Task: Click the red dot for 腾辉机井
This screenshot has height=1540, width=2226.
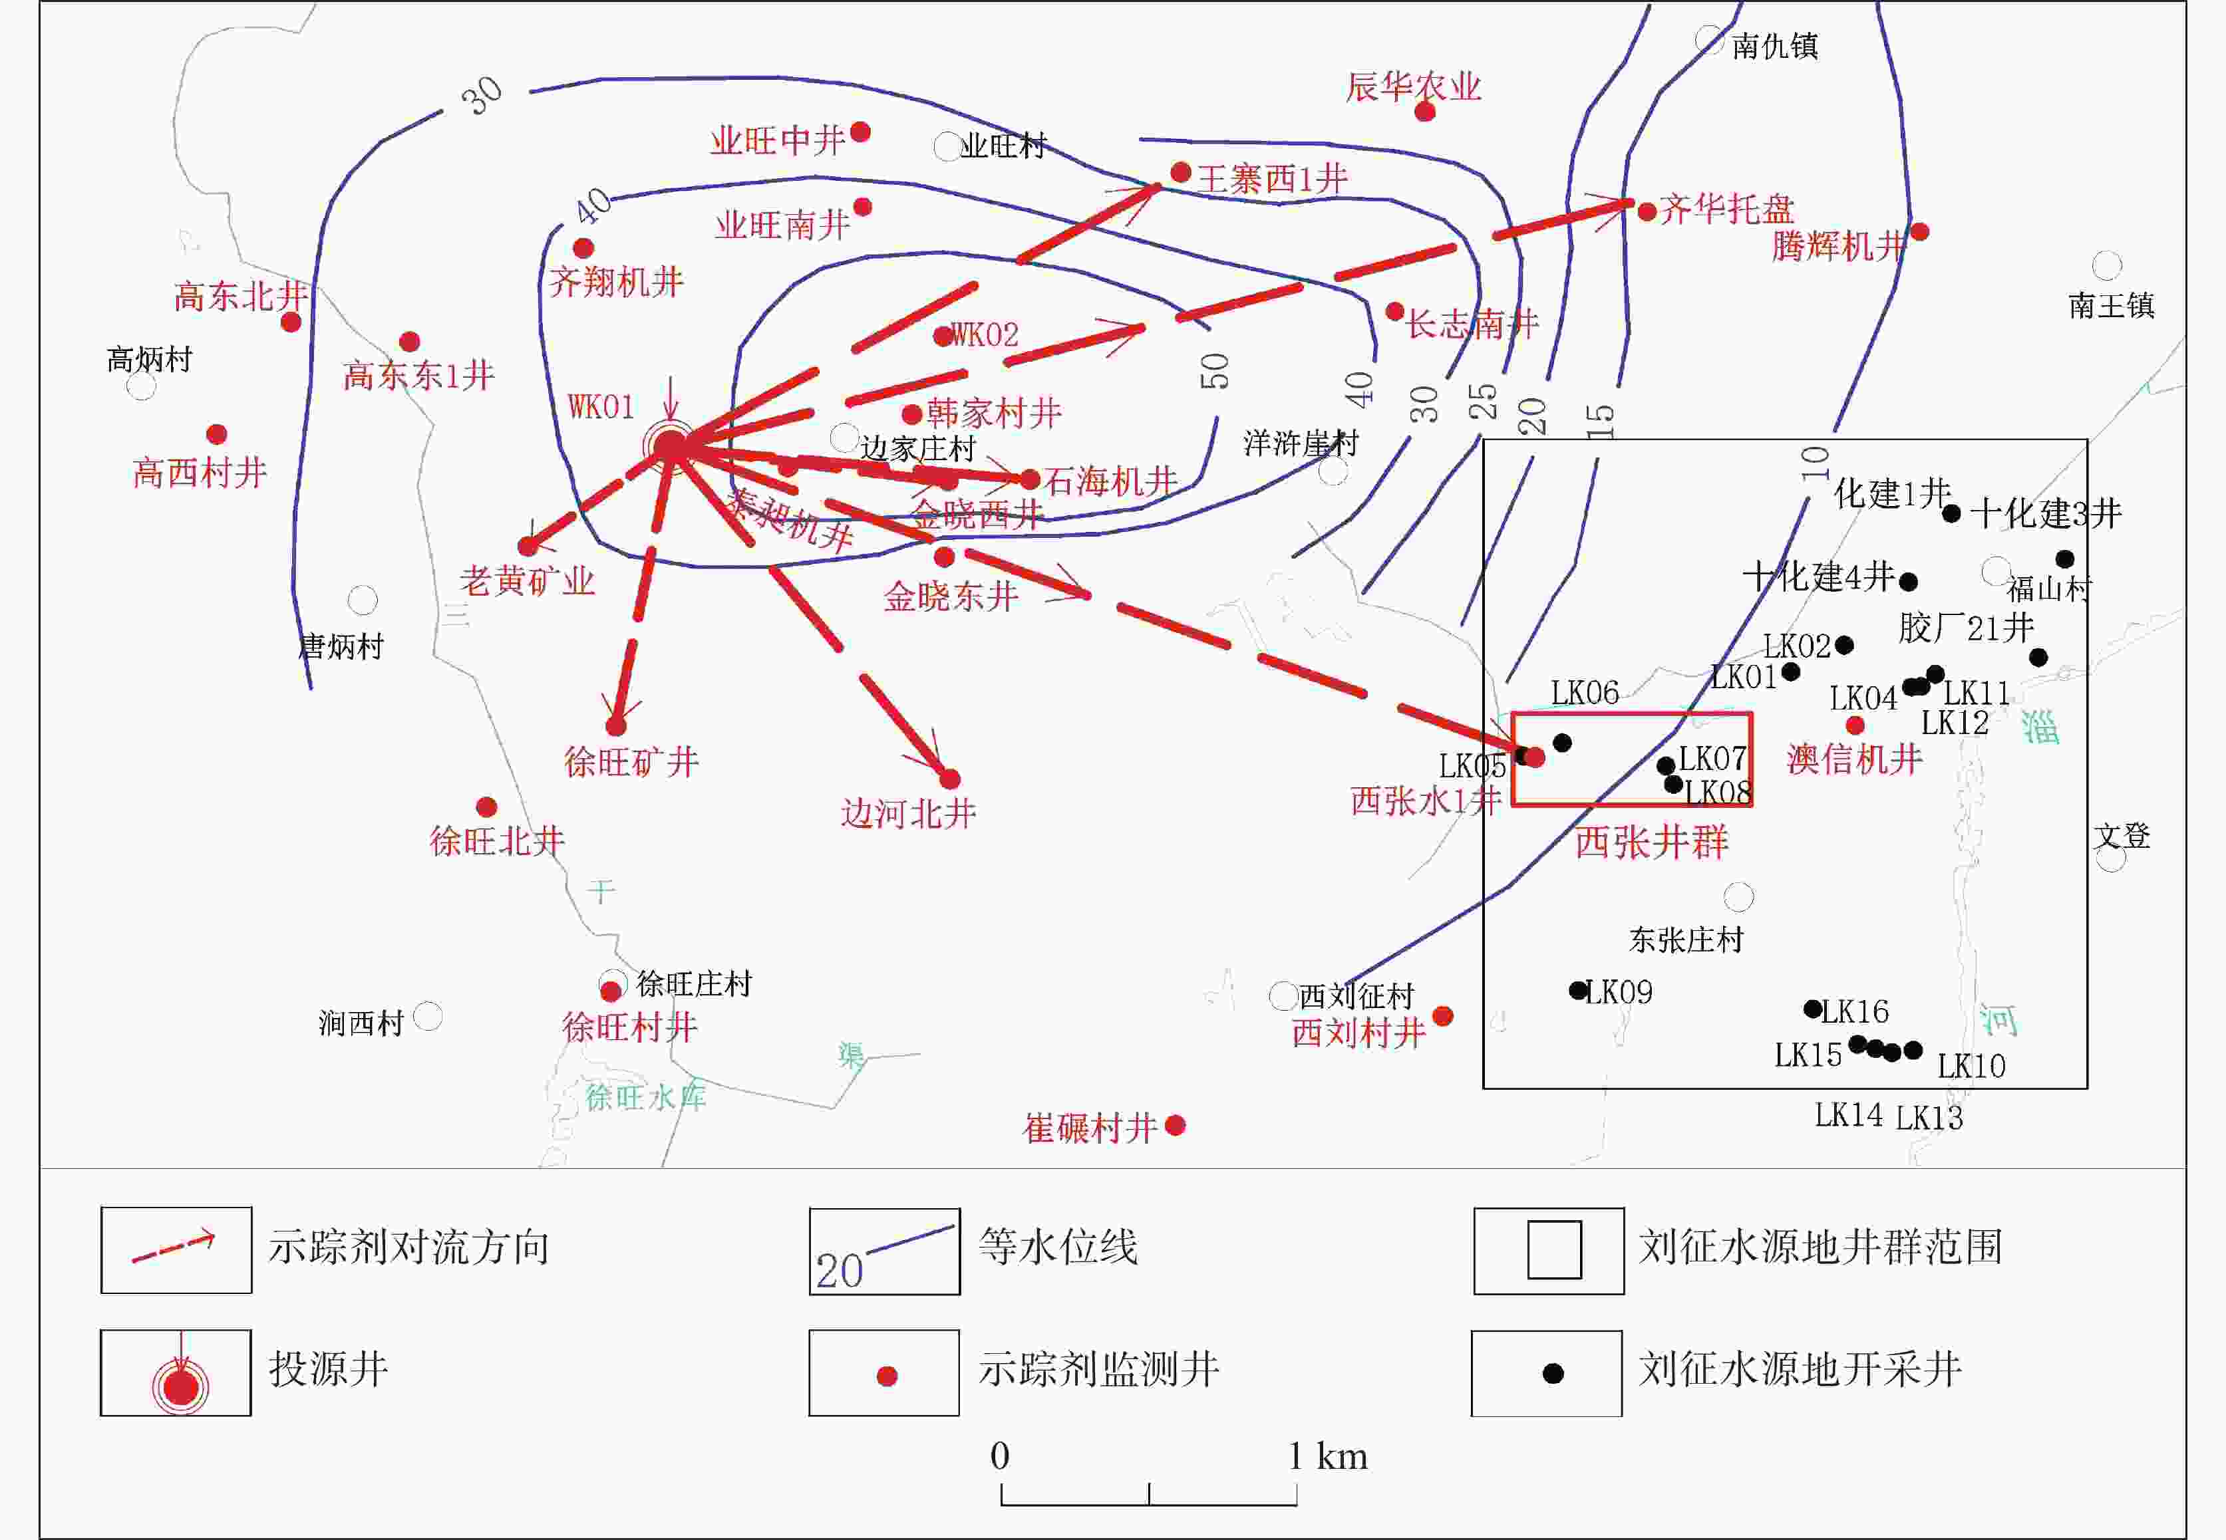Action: (x=1919, y=231)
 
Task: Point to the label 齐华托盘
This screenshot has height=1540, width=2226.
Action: (x=1727, y=209)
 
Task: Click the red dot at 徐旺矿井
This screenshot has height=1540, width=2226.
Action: (x=616, y=725)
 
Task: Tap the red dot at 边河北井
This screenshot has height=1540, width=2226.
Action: (x=950, y=779)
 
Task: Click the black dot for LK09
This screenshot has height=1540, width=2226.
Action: (x=1577, y=990)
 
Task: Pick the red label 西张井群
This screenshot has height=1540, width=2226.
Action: (x=1652, y=842)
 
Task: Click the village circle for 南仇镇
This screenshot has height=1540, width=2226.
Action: (x=1710, y=39)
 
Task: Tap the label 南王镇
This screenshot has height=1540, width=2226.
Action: (x=2111, y=306)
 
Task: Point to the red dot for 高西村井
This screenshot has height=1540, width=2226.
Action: (x=217, y=434)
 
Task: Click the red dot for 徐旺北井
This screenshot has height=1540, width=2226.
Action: (x=486, y=807)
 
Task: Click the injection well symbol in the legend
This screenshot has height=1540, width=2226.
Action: (x=180, y=1386)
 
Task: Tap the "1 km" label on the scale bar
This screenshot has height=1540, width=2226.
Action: (x=1329, y=1456)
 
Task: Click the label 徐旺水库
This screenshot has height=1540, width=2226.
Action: (x=646, y=1097)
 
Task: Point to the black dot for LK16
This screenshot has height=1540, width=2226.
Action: (x=1813, y=1009)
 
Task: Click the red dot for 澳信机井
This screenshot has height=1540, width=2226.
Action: (x=1854, y=725)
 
